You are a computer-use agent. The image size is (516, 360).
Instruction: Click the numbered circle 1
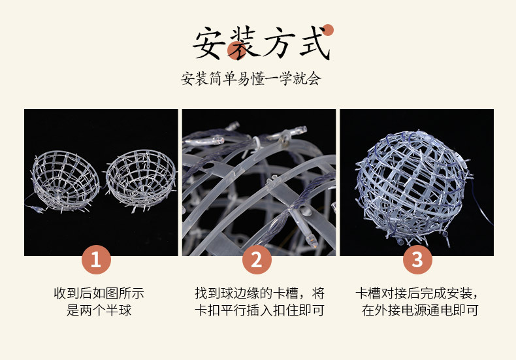pos(96,259)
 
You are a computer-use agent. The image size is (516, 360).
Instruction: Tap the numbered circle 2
pos(257,259)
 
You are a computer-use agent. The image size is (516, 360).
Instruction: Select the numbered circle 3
pos(417,259)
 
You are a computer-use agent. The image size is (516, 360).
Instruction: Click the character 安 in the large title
pos(208,43)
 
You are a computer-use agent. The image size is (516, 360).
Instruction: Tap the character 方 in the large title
pos(278,43)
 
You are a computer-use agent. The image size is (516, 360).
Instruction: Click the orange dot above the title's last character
pos(328,30)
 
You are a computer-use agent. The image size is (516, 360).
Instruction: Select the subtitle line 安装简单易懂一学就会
pos(251,78)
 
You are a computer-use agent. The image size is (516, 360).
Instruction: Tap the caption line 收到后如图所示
pos(99,293)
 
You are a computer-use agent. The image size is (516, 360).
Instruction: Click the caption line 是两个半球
pos(99,310)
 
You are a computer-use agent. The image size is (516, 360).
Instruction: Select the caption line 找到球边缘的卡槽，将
pos(260,293)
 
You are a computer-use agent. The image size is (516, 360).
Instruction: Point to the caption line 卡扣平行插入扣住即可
pos(260,310)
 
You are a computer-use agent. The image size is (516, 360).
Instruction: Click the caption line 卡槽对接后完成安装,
pos(417,293)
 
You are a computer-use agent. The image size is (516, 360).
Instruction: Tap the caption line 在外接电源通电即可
pos(420,310)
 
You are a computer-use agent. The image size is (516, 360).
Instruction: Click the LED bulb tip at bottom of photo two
pos(313,242)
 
